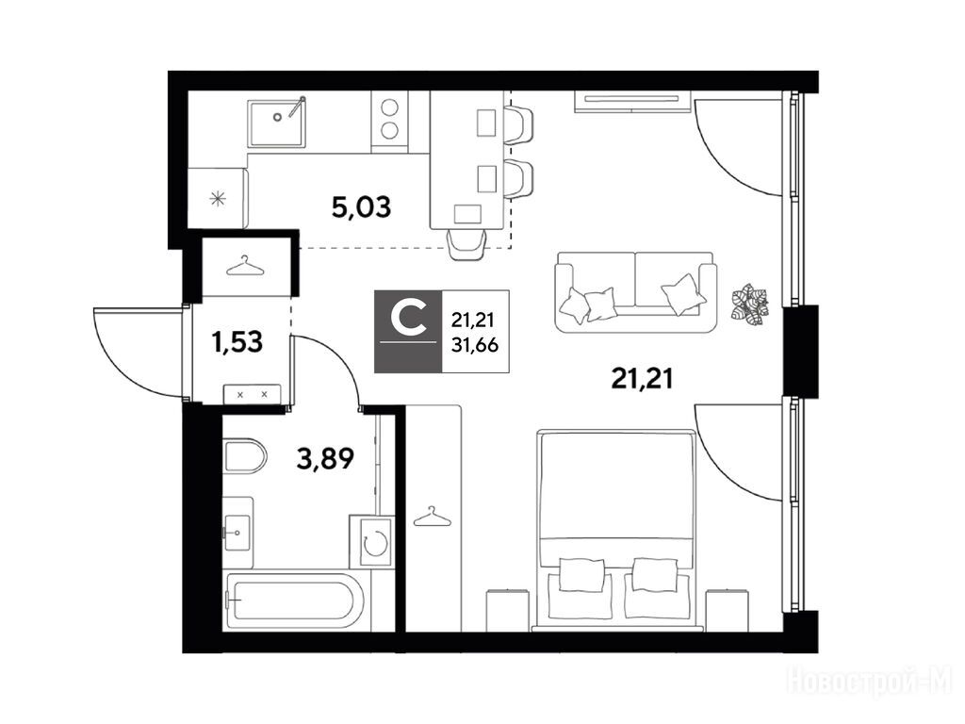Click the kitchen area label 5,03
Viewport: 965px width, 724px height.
click(x=361, y=207)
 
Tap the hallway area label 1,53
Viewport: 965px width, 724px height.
click(x=237, y=341)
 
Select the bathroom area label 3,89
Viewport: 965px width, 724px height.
click(x=325, y=458)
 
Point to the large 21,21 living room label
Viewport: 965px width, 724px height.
click(x=642, y=378)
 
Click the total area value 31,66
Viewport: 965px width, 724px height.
click(x=475, y=345)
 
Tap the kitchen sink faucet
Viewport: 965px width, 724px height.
click(x=297, y=106)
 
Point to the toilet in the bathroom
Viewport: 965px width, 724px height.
click(x=244, y=456)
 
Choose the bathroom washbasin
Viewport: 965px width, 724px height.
click(x=237, y=533)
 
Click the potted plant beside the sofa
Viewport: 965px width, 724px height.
click(x=750, y=303)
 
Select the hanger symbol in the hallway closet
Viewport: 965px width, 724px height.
click(x=244, y=267)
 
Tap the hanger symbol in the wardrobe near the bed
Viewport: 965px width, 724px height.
click(x=432, y=518)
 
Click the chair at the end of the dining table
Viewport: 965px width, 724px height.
click(x=467, y=244)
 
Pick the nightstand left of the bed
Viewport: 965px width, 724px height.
click(x=507, y=610)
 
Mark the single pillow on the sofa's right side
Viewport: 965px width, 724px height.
click(x=683, y=294)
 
